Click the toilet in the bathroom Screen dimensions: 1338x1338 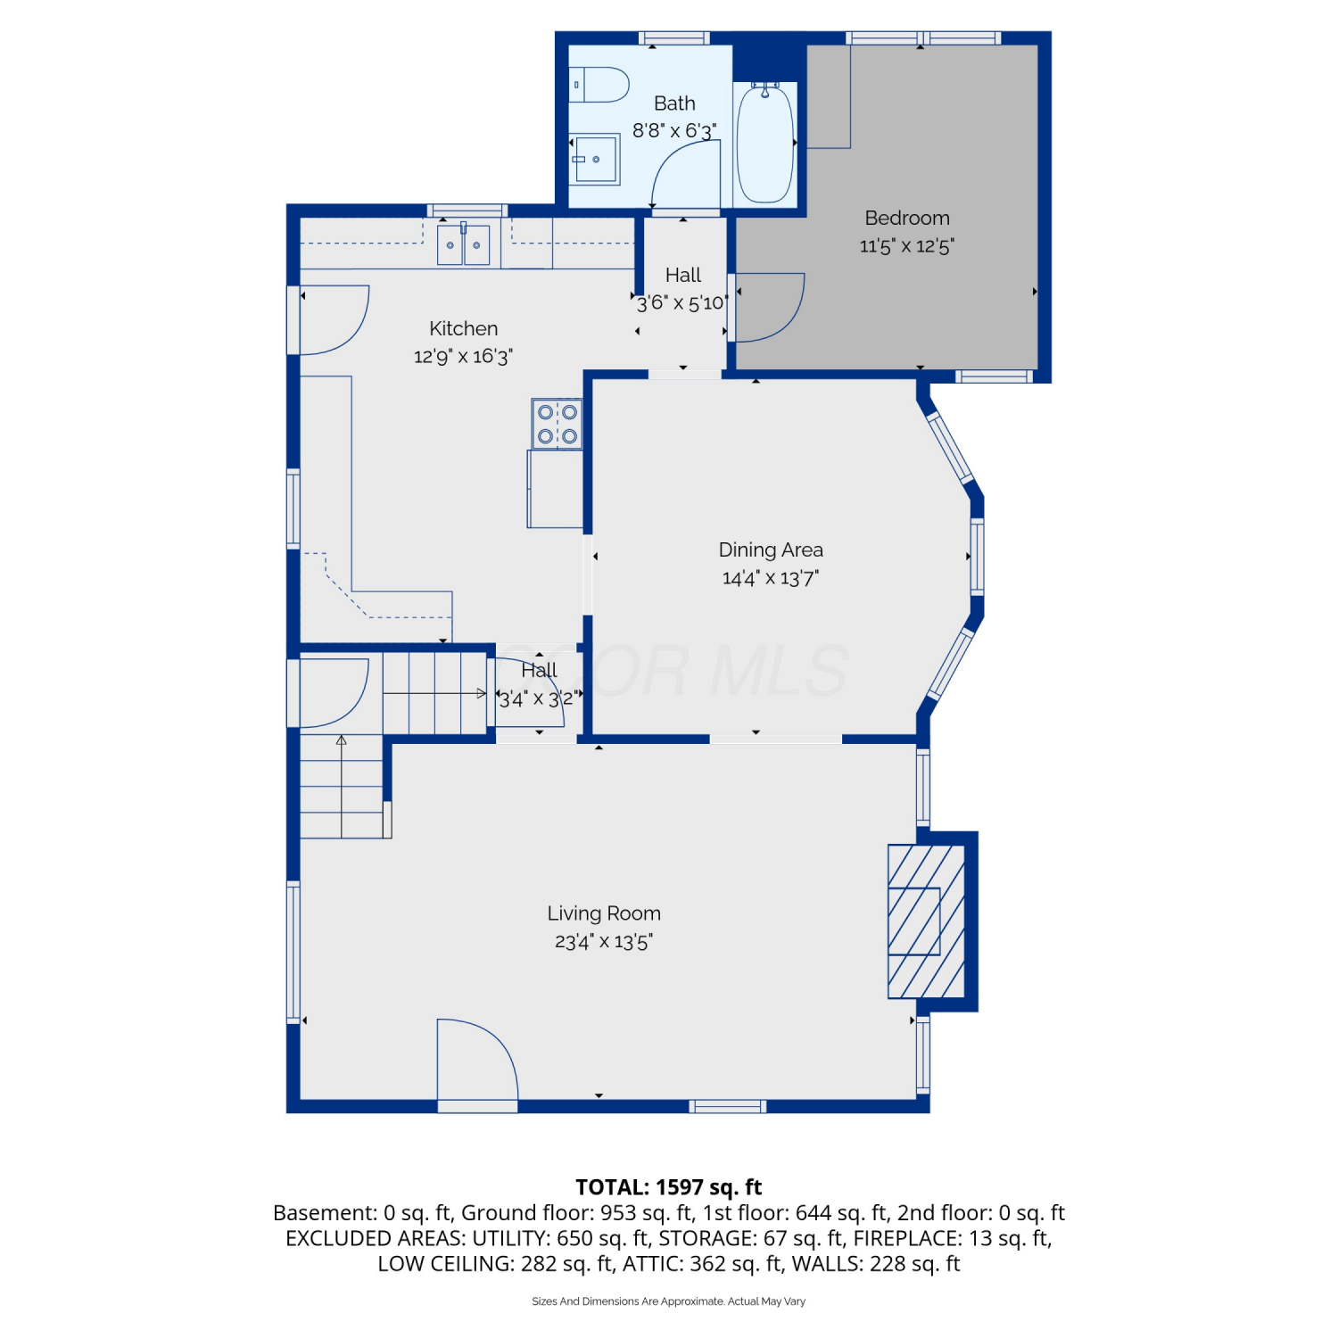599,85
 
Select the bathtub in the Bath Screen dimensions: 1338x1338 765,143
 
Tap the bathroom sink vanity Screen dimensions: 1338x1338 595,159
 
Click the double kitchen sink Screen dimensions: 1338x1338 464,244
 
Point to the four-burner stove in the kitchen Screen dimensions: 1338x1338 557,424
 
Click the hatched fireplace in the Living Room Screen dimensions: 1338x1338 926,921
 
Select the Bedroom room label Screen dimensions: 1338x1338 907,218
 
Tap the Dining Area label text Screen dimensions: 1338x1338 771,549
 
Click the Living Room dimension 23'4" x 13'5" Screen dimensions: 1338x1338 604,941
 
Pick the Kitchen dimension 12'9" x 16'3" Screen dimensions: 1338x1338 463,356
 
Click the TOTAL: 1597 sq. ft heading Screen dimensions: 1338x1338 669,1187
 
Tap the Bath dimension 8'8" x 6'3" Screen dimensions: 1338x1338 674,130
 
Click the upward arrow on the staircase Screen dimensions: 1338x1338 342,786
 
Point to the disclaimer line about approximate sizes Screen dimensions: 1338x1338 669,1301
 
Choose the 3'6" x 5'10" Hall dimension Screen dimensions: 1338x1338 682,302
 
